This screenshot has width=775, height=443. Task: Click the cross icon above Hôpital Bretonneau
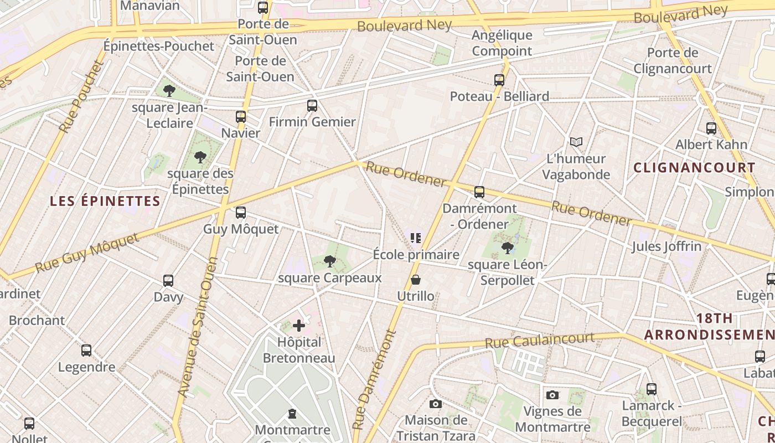(x=299, y=325)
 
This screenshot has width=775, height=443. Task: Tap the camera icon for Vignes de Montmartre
(x=552, y=395)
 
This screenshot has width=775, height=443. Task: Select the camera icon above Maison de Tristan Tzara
(x=436, y=404)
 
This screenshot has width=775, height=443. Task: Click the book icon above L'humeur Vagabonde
(x=576, y=142)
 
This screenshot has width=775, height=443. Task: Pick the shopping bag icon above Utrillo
(x=416, y=280)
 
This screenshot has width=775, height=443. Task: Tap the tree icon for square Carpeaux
(x=329, y=261)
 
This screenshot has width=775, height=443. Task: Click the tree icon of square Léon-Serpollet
(x=507, y=248)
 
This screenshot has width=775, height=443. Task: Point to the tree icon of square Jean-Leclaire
(x=169, y=90)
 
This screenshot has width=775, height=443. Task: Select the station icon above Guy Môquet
(x=240, y=213)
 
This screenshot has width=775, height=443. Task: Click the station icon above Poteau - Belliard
(x=499, y=80)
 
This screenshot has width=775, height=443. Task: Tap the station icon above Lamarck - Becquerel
(x=652, y=389)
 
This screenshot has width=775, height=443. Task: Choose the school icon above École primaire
(x=416, y=238)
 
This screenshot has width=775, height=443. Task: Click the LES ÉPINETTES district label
(x=105, y=201)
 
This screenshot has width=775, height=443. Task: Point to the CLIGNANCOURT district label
(x=694, y=168)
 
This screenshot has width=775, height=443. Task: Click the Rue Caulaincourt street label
(x=540, y=340)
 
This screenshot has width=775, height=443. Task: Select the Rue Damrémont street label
(x=375, y=380)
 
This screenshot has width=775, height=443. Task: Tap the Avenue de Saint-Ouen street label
(x=197, y=327)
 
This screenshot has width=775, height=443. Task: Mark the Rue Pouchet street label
(x=81, y=97)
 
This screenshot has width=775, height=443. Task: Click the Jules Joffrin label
(x=666, y=246)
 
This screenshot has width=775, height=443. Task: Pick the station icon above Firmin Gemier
(x=312, y=105)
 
